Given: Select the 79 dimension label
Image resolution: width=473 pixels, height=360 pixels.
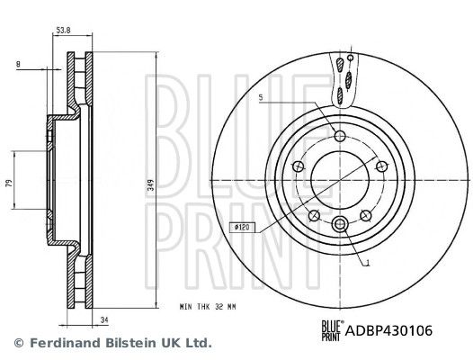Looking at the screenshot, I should tap(9, 184).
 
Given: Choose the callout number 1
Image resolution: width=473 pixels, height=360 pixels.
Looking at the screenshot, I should tap(367, 263).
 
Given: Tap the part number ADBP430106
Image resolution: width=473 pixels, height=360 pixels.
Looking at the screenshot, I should tap(389, 331).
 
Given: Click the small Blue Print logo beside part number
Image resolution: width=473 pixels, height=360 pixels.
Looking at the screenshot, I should tap(332, 331).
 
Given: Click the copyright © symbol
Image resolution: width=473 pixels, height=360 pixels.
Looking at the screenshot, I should tap(17, 343).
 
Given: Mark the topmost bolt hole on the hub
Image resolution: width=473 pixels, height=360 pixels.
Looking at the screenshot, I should tap(339, 136).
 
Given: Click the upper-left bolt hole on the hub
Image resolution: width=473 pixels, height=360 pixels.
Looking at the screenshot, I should tap(298, 166).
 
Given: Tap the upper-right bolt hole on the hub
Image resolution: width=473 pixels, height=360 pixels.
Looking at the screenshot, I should tap(380, 166).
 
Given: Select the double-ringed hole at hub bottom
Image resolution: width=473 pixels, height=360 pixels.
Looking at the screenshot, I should tap(339, 224).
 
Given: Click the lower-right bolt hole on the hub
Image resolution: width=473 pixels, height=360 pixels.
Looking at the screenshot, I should tap(365, 214).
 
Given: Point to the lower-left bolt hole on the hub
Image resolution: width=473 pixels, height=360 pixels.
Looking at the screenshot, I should tap(314, 214).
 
